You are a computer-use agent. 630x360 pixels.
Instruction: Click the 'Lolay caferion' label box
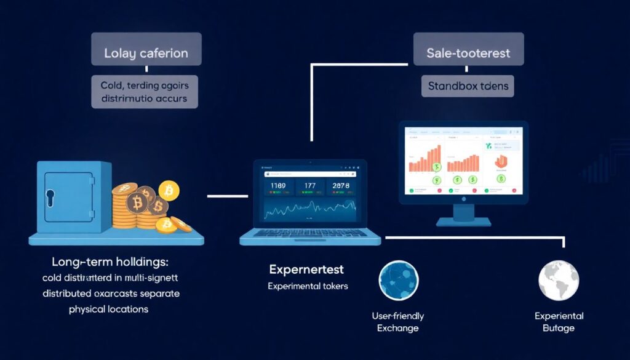(x=145, y=53)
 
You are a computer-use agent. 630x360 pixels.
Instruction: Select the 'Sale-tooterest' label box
(x=468, y=53)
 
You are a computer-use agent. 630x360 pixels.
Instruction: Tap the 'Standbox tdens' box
(x=468, y=86)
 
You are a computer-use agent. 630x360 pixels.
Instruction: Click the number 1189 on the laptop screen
(x=279, y=185)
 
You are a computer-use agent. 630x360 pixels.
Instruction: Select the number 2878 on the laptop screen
(x=340, y=185)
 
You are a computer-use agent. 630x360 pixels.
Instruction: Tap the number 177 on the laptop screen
(x=309, y=185)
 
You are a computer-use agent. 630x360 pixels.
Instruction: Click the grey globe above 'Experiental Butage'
(x=559, y=281)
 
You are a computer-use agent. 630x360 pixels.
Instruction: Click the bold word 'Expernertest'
(x=306, y=270)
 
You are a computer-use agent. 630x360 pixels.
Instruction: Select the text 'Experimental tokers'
(x=308, y=286)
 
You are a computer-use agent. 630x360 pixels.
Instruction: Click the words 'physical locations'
(x=108, y=309)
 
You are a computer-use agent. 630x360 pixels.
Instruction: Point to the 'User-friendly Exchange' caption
(x=397, y=322)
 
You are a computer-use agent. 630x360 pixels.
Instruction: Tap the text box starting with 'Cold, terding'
(x=145, y=90)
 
